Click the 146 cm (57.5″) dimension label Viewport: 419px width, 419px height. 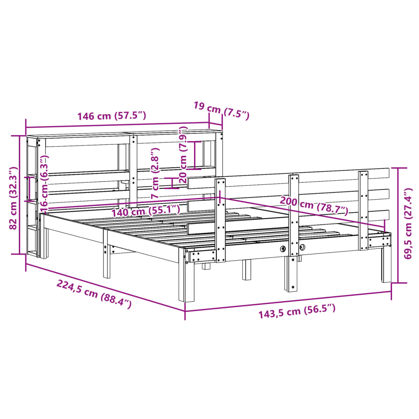coord(112,116)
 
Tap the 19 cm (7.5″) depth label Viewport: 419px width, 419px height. coord(221,110)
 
